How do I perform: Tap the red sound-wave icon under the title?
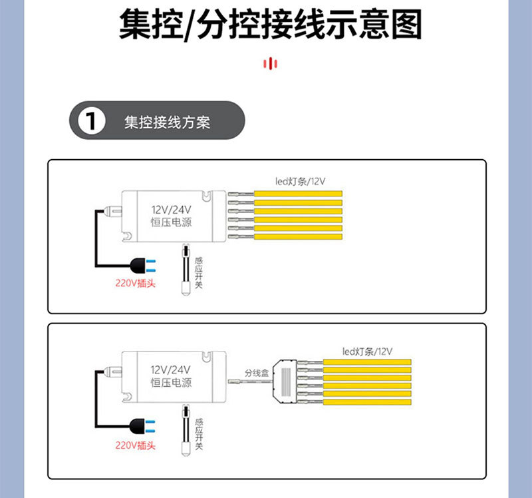pyautogui.click(x=270, y=64)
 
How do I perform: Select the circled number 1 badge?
pyautogui.click(x=92, y=122)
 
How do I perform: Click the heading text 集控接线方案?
pyautogui.click(x=167, y=123)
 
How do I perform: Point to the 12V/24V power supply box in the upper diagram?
pyautogui.click(x=172, y=216)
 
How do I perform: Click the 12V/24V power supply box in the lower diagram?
pyautogui.click(x=172, y=376)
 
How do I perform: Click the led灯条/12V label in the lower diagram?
pyautogui.click(x=368, y=351)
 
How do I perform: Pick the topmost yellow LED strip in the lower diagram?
pyautogui.click(x=368, y=363)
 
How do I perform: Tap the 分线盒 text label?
pyautogui.click(x=256, y=373)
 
